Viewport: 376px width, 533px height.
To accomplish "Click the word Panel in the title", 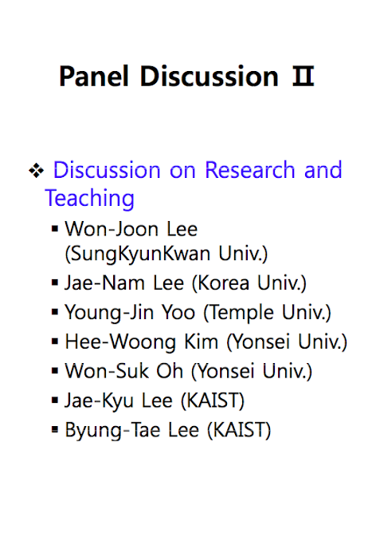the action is (94, 76).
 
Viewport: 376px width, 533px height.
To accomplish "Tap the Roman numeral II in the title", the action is (303, 76).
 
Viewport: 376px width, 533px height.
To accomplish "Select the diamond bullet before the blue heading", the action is (37, 170).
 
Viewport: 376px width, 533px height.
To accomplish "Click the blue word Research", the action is (250, 170).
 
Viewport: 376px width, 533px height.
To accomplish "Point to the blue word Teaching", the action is (89, 198).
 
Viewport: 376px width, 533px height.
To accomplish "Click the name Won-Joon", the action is (112, 229).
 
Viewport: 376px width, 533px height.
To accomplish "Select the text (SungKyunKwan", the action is (138, 254).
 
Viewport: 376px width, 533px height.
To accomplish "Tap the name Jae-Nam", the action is (104, 282).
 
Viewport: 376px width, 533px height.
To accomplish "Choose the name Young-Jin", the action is (109, 313).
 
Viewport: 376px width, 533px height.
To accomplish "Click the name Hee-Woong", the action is (120, 342).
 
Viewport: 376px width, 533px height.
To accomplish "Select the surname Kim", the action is (201, 342).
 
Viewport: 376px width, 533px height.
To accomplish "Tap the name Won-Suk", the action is (107, 371).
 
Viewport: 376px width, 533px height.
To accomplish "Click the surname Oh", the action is (170, 371).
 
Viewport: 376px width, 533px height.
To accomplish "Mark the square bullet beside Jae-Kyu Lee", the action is (55, 400).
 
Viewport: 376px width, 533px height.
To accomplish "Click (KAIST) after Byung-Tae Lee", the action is (239, 430).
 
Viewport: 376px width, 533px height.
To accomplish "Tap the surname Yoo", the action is (178, 313).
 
